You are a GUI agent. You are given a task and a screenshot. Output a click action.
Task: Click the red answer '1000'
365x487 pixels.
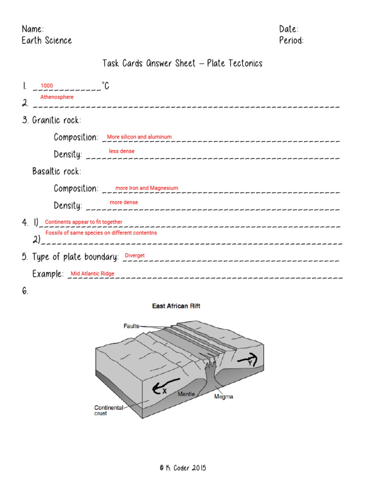coord(47,86)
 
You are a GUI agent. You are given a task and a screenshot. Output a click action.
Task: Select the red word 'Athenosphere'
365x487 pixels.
coord(57,97)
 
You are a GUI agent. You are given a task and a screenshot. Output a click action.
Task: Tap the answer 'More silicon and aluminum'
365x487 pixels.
coord(139,137)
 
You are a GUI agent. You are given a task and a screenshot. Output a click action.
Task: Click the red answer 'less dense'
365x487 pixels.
coord(122,151)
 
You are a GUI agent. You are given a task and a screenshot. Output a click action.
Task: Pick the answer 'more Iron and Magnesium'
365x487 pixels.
coord(147,188)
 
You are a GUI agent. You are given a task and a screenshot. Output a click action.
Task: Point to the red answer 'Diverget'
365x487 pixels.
coord(134,256)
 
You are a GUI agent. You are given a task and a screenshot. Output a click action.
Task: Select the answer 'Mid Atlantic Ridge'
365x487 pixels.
coord(93,274)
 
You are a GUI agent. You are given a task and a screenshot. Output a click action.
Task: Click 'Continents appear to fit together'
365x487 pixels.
coord(83,222)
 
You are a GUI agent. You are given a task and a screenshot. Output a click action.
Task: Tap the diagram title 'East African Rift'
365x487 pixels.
coord(176,306)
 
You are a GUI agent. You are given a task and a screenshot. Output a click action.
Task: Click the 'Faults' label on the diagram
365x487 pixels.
coord(131,326)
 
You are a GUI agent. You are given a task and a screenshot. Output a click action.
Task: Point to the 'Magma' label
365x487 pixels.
coord(223,396)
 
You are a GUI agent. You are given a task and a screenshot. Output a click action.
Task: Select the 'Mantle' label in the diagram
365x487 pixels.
coord(186,394)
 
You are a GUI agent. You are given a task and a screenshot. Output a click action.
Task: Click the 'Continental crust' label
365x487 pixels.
coord(109,410)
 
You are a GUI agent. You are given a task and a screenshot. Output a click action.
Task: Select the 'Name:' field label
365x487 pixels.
coord(33,29)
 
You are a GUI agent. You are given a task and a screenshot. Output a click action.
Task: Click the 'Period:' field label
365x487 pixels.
coord(291,40)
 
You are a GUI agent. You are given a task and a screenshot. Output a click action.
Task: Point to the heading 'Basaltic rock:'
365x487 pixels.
coord(57,171)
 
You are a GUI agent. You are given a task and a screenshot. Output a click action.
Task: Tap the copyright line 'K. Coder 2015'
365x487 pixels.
coord(183,468)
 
